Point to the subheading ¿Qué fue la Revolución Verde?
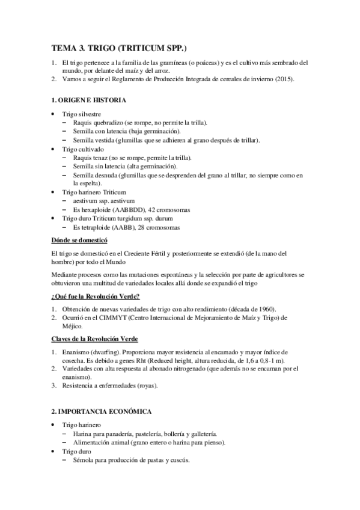coord(96,296)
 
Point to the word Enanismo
coord(75,351)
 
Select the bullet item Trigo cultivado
coord(82,148)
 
